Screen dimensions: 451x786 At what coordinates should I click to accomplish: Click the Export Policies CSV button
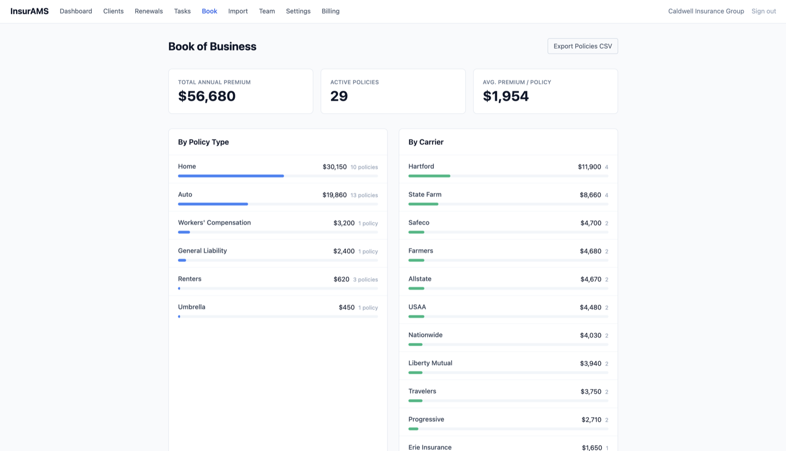coord(583,46)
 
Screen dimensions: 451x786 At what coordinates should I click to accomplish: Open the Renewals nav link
coord(148,11)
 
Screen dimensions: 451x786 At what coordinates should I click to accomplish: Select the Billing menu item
coord(330,11)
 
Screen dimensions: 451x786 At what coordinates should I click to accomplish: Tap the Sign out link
coord(763,11)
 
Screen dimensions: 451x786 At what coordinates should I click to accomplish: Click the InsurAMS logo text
coord(29,11)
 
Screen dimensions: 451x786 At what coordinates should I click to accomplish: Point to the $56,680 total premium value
coord(207,96)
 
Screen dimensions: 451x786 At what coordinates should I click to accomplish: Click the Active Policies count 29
coord(339,96)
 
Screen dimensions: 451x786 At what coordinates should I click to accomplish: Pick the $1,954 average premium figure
coord(505,96)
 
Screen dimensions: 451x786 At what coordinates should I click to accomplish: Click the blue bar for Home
coord(231,176)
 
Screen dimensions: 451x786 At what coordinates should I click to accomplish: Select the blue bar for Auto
coord(213,204)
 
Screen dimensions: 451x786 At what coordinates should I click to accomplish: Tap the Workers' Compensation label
coord(214,223)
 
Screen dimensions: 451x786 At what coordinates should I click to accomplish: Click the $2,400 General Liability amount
coord(344,251)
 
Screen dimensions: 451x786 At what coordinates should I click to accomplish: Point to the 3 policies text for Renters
coord(365,280)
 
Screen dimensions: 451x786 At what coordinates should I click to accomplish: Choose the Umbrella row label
coord(192,307)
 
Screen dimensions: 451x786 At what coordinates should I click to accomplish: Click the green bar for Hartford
coord(429,176)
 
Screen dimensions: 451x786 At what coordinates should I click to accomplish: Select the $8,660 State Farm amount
coord(590,195)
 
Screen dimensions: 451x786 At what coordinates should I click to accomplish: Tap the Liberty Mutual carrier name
coord(430,363)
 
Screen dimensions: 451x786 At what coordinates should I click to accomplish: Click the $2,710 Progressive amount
coord(591,420)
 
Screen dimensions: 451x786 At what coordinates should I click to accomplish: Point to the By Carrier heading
coord(425,142)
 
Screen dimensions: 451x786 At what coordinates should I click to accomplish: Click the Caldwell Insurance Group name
coord(705,11)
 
